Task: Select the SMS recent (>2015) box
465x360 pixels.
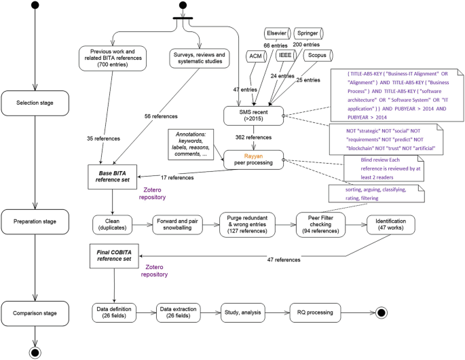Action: (x=253, y=114)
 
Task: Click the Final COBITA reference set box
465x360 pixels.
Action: (x=112, y=258)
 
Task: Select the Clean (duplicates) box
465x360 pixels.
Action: (x=112, y=225)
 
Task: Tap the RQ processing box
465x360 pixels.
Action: (x=315, y=313)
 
